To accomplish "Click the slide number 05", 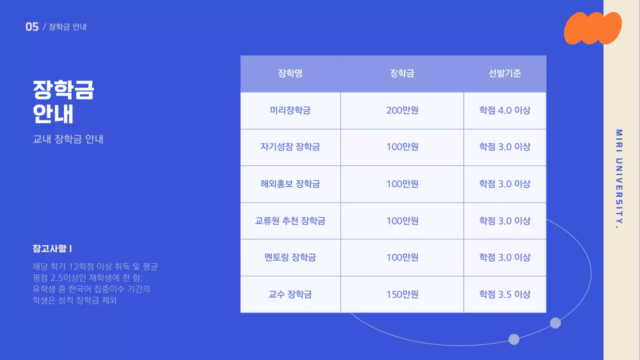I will [x=32, y=27].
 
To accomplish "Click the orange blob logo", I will [x=592, y=28].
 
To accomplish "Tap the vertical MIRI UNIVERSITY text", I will [x=619, y=179].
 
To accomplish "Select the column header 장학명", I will [x=290, y=73].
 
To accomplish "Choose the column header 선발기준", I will [x=504, y=73].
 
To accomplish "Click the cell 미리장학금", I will [x=290, y=110].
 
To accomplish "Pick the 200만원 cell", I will [x=402, y=110].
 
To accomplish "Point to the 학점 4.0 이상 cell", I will [x=504, y=110].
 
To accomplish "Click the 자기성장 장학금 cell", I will [x=290, y=147].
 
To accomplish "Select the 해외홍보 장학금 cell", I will [x=290, y=184].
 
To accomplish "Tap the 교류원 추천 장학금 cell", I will [x=290, y=220].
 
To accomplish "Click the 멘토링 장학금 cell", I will [x=290, y=257].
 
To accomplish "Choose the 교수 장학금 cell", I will [x=290, y=294].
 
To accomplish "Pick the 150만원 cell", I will [x=402, y=294].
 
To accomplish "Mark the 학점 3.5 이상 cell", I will [x=504, y=294].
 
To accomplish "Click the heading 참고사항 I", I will [x=52, y=248].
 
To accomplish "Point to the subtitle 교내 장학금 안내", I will [x=68, y=139].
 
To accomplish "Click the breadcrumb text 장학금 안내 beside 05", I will [x=67, y=27].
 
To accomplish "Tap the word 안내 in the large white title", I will [x=53, y=114].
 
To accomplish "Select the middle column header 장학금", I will [x=402, y=73].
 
